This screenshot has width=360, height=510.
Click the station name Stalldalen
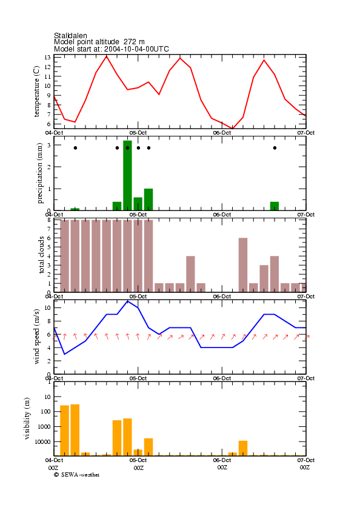[x=70, y=35]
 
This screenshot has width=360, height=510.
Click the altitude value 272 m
[x=134, y=42]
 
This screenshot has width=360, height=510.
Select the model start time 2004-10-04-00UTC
[x=136, y=49]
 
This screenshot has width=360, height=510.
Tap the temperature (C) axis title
[x=36, y=91]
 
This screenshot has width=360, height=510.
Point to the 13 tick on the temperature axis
[x=47, y=57]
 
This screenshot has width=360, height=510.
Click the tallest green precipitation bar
[x=127, y=175]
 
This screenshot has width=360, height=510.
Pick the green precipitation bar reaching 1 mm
[x=148, y=200]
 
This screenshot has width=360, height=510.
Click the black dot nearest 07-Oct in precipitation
[x=275, y=148]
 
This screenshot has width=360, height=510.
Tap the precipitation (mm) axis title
[x=39, y=173]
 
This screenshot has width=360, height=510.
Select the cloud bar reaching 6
[x=243, y=265]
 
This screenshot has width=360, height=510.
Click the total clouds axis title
[x=41, y=255]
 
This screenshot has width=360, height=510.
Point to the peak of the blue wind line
[x=127, y=301]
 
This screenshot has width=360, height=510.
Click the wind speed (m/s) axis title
[x=36, y=337]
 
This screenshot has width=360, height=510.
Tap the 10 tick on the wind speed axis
[x=47, y=307]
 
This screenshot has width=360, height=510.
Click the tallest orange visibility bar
[x=75, y=430]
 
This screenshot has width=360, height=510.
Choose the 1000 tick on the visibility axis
[x=44, y=427]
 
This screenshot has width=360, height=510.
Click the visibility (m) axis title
[x=27, y=418]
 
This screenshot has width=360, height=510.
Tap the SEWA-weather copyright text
[x=77, y=475]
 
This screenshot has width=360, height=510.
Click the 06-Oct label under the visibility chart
[x=222, y=460]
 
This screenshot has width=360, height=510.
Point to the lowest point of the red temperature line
[x=233, y=129]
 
